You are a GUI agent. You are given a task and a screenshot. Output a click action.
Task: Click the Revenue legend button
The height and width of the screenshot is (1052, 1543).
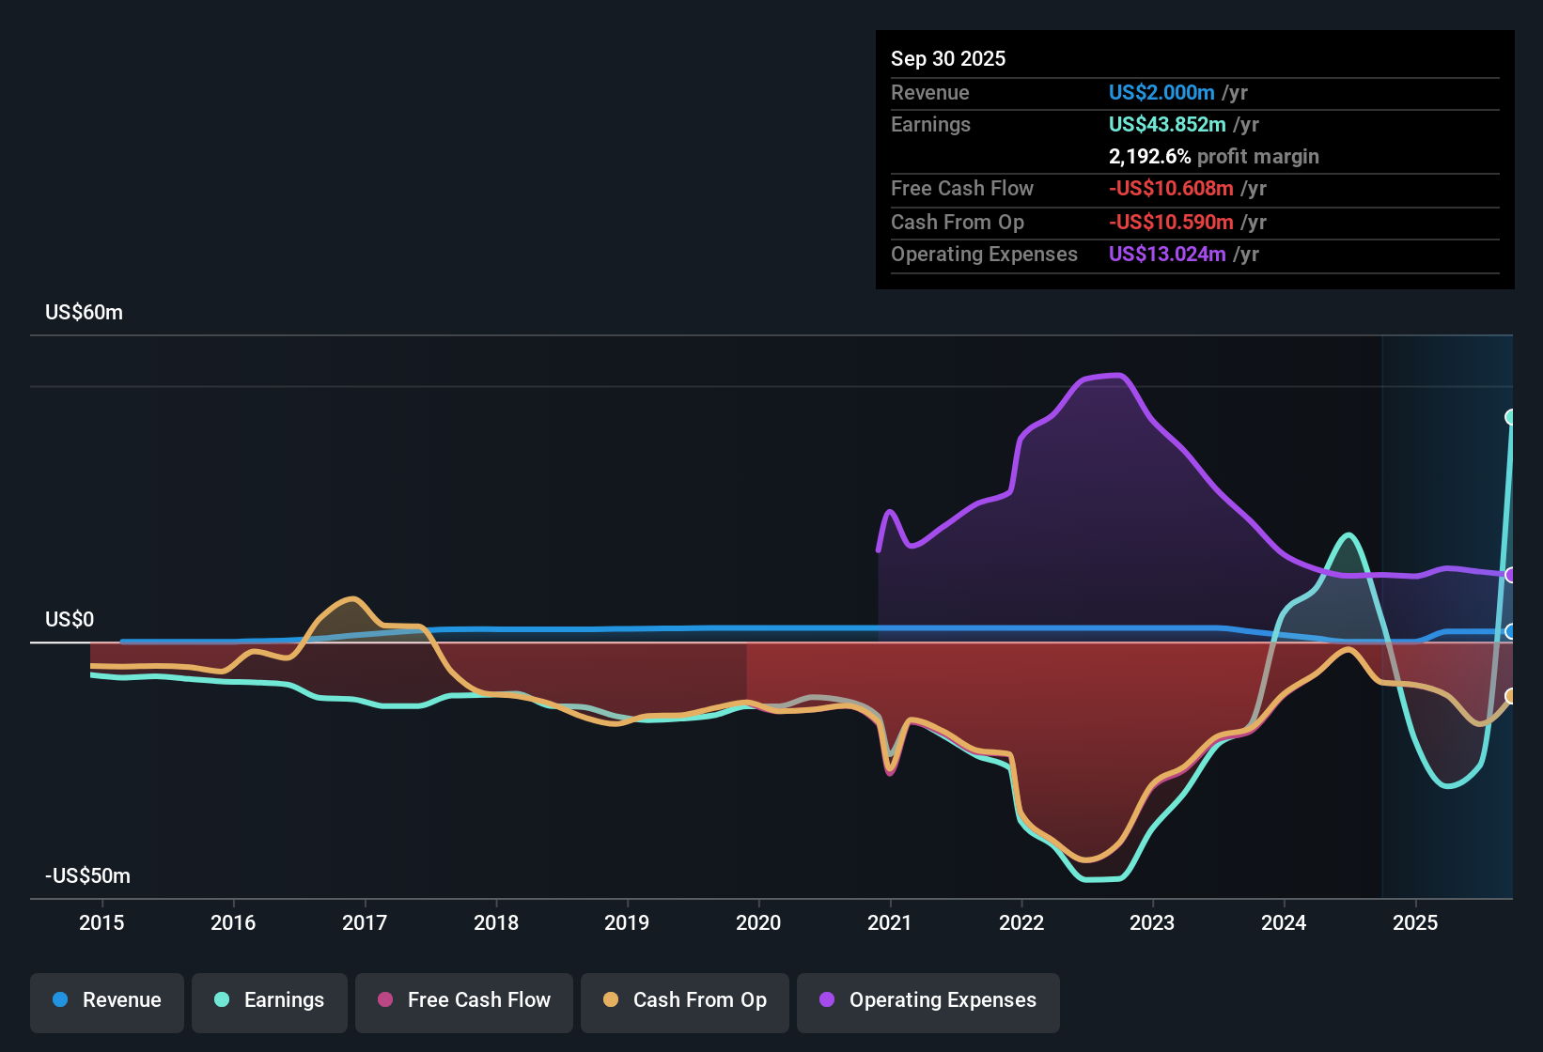coord(107,1000)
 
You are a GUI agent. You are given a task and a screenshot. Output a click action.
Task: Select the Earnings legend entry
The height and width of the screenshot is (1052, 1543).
coord(270,1000)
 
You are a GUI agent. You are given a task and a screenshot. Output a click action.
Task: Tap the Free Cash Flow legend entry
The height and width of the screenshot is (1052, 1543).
coord(464,1000)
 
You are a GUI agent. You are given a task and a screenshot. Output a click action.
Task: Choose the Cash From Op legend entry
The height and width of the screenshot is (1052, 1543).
coord(685,1000)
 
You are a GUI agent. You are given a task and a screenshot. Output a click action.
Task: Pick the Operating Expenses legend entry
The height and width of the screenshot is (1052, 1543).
coord(928,1000)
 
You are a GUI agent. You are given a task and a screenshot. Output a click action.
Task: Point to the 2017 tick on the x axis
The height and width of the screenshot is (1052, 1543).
coord(365,922)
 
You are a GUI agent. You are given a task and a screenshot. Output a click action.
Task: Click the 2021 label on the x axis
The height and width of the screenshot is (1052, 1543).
coord(890,922)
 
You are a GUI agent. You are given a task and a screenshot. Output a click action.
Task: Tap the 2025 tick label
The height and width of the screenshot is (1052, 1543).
coord(1415,922)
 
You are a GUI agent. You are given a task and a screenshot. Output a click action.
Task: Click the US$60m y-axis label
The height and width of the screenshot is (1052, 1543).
coord(85,313)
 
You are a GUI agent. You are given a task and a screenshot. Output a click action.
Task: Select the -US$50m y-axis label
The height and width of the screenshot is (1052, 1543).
coord(88,876)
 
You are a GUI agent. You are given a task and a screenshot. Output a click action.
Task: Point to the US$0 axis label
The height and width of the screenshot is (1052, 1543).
coord(70,620)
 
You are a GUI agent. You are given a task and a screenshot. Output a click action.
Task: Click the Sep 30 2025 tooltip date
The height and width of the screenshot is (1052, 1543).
coord(948,58)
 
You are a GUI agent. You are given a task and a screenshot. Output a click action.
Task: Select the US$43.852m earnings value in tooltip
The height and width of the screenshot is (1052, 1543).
coord(1167,125)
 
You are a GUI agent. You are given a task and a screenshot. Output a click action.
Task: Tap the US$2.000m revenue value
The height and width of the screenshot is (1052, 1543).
coord(1161,92)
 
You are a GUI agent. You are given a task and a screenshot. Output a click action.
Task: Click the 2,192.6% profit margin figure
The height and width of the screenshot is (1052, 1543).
coord(1149,157)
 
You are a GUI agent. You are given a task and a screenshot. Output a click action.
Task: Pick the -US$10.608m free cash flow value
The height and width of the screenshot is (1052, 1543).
coord(1171,189)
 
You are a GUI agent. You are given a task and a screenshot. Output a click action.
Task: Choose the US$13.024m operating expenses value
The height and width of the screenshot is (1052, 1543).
coord(1167,255)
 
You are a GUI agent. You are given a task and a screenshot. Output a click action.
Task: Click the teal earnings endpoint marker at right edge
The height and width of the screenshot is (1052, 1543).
coord(1511,417)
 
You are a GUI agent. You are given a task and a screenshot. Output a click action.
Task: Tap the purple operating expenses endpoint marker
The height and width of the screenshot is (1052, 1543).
coord(1511,575)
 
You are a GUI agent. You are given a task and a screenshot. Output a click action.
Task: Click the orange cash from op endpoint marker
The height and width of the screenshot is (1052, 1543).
coord(1511,696)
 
